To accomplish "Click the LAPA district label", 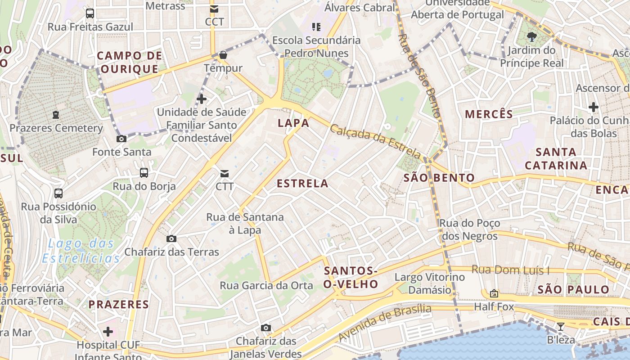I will click(x=293, y=123).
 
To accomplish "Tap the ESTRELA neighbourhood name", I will click(x=302, y=184).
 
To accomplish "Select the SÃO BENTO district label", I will click(x=439, y=178).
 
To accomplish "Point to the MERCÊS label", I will click(x=489, y=114).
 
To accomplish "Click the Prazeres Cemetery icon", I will click(x=56, y=115).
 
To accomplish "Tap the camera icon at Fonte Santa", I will click(x=121, y=139).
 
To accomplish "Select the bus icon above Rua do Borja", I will click(x=144, y=173).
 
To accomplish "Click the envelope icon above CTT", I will click(x=224, y=173).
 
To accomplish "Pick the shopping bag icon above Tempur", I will click(x=223, y=55).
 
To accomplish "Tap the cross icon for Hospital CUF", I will click(x=108, y=332).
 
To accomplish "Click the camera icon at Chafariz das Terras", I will click(x=171, y=239).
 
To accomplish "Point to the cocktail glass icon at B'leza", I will click(x=561, y=327).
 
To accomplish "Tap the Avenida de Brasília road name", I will click(x=384, y=322).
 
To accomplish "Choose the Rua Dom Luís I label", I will click(x=510, y=270).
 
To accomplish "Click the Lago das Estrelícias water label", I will click(x=81, y=251).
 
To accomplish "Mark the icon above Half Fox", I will click(x=494, y=294).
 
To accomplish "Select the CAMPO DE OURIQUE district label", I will click(x=129, y=63).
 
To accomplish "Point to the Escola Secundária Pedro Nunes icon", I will click(x=316, y=27).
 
